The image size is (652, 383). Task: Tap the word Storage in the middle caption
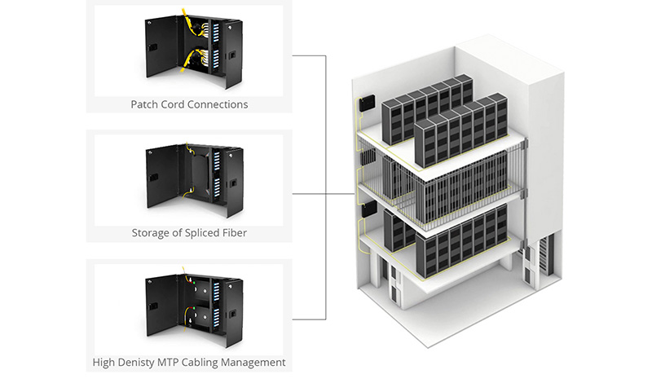pos(152,233)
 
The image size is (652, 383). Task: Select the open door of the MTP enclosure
pos(159,306)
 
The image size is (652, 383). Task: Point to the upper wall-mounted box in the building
pos(367,103)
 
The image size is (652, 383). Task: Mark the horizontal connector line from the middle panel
pos(309,195)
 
